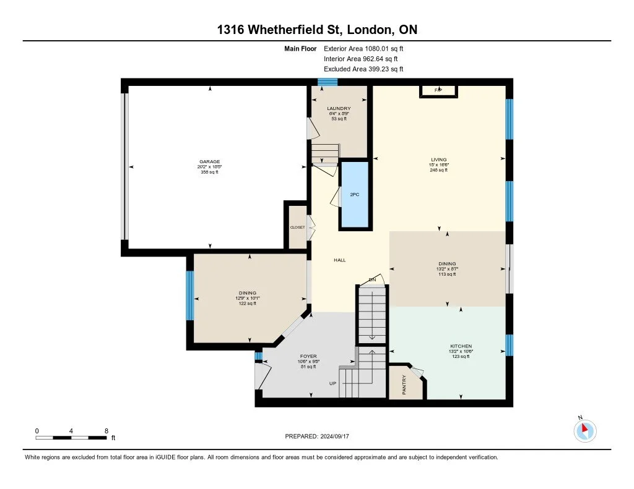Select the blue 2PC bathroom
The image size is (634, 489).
tap(355, 195)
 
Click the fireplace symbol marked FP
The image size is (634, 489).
tap(439, 91)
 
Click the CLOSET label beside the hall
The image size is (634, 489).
tap(298, 227)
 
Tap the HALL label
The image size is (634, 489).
tap(339, 260)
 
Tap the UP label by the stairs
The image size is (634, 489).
tap(332, 383)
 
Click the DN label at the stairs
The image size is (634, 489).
tap(373, 280)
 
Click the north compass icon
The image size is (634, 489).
tap(584, 430)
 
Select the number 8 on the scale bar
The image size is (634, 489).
tap(106, 430)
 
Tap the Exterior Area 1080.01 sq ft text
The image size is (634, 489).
tap(365, 48)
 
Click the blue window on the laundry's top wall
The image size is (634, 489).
tap(328, 82)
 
